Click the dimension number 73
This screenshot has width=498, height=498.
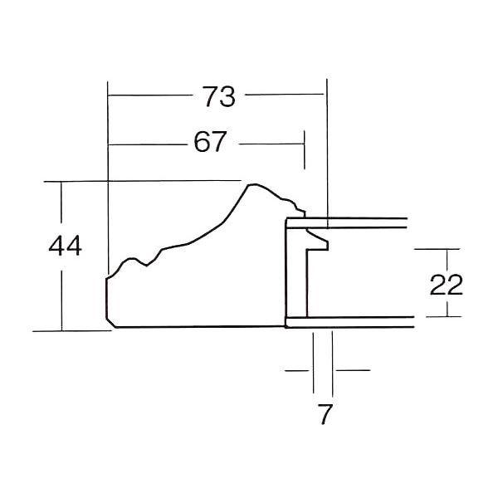point(219,96)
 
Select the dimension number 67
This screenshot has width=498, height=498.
point(210,142)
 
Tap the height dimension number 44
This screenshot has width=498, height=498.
point(65,246)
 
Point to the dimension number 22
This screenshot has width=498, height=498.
point(446,284)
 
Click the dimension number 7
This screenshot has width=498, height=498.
point(325,414)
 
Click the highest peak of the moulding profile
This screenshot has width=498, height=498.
point(252,184)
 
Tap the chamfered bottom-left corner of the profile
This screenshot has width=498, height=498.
point(110,322)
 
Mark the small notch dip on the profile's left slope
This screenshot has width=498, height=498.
point(146,266)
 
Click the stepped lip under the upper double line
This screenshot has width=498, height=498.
point(318,242)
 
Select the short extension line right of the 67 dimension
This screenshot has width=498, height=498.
point(305,150)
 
